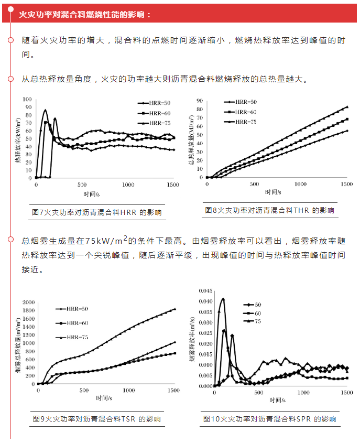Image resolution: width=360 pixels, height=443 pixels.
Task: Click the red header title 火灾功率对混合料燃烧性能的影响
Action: tap(84, 14)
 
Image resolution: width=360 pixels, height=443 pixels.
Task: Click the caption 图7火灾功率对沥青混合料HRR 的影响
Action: tap(97, 212)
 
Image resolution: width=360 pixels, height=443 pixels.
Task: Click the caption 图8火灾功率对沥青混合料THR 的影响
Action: tap(269, 210)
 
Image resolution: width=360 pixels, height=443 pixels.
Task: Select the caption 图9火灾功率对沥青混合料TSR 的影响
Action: tap(97, 419)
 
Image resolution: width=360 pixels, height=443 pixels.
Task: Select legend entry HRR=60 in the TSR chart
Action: tap(71, 322)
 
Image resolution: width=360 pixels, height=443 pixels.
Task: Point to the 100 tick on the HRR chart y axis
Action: tap(26, 99)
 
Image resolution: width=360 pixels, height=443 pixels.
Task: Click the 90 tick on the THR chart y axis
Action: tap(199, 100)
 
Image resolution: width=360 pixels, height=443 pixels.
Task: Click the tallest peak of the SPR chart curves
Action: tap(223, 299)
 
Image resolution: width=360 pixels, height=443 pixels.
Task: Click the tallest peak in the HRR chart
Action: tap(46, 110)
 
